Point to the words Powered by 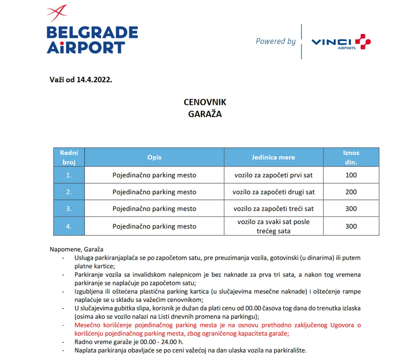pyautogui.click(x=275, y=41)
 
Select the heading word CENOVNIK pyautogui.click(x=204, y=102)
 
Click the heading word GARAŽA pyautogui.click(x=204, y=114)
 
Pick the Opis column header pyautogui.click(x=154, y=157)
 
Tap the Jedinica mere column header pyautogui.click(x=273, y=157)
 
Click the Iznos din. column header pyautogui.click(x=351, y=157)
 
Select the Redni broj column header pyautogui.click(x=69, y=157)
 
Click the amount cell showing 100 pyautogui.click(x=351, y=175)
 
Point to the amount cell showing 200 pyautogui.click(x=351, y=192)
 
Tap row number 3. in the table pyautogui.click(x=69, y=209)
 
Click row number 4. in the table pyautogui.click(x=69, y=226)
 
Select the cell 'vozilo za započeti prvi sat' pyautogui.click(x=273, y=175)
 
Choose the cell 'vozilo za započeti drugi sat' pyautogui.click(x=273, y=192)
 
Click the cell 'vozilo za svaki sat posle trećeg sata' pyautogui.click(x=273, y=226)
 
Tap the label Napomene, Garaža pyautogui.click(x=77, y=249)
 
